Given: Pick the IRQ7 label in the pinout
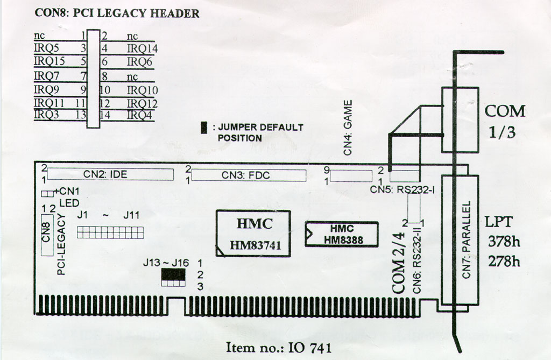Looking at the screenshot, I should (46, 75).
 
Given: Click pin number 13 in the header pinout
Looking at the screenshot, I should (81, 114).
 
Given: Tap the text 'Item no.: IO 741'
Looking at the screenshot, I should (278, 347).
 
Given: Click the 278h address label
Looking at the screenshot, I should (504, 262).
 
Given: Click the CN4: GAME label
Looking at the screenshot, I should (348, 128).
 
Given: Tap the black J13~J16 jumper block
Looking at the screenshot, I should (173, 275).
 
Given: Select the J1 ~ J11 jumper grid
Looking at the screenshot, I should (110, 232).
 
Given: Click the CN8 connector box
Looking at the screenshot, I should (47, 235).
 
